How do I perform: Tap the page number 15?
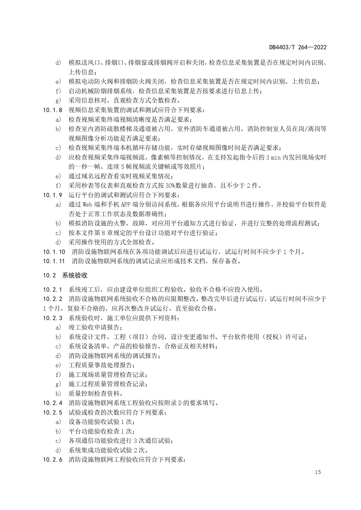[318, 472]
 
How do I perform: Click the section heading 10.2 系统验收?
[65, 275]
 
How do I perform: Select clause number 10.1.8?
[53, 110]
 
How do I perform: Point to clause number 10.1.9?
[53, 195]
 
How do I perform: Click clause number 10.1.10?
[54, 252]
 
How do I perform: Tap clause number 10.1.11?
[54, 261]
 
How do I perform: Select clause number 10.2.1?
[53, 289]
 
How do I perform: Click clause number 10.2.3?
[53, 318]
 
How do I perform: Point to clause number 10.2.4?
[53, 403]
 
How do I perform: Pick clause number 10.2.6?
[53, 459]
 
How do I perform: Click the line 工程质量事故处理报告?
[102, 365]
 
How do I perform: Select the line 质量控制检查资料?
[96, 393]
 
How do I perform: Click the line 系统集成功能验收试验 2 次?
[109, 450]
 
